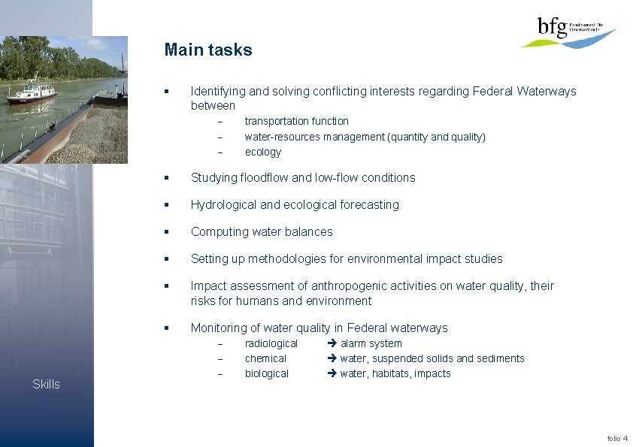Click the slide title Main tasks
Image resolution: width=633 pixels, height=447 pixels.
208,50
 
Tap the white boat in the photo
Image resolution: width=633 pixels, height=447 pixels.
31,94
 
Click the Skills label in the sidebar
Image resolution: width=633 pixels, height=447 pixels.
46,384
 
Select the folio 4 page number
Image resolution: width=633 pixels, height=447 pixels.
617,438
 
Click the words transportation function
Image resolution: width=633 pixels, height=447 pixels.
296,121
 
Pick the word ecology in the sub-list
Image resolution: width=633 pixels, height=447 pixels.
262,152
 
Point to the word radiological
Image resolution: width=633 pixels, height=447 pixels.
271,343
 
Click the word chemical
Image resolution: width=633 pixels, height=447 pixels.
265,358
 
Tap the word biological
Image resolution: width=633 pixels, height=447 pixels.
266,373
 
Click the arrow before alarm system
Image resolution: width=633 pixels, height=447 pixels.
332,343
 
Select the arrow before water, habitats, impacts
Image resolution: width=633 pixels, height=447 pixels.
332,373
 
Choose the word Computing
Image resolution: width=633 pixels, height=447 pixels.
217,231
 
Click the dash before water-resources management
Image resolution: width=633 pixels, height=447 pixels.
220,137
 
